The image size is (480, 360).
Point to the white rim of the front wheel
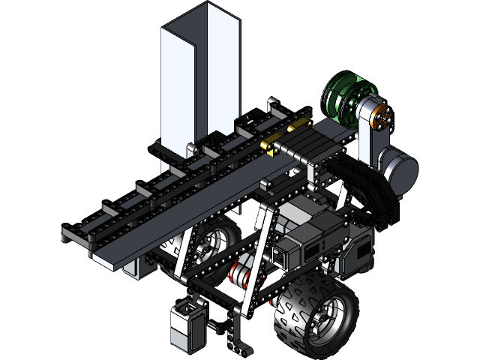coord(326,319)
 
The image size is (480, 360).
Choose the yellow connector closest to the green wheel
coord(298,122)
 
